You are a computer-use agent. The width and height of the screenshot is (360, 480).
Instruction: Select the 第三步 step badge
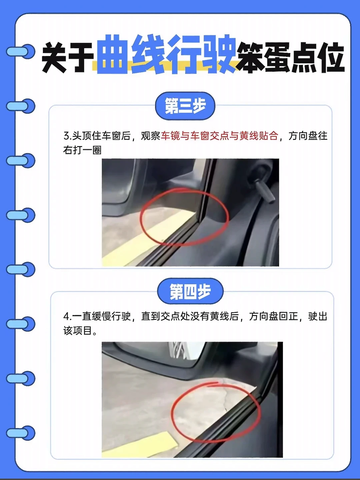185,106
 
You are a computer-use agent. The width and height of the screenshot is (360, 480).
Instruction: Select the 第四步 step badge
190,291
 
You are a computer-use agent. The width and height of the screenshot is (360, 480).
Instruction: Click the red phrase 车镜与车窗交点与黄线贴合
220,136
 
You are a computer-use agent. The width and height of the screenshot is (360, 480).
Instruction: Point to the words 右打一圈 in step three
82,150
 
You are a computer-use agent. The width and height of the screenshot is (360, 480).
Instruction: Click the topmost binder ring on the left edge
21,51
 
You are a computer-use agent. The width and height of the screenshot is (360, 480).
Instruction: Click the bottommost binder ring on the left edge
21,433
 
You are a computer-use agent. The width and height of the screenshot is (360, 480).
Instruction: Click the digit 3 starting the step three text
66,136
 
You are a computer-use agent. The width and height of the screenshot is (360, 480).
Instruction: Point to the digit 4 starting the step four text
66,317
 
